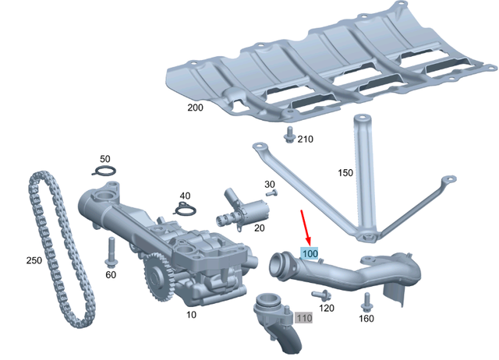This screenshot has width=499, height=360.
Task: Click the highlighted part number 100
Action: coord(310,254)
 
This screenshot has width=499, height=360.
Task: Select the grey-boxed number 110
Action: coord(303,317)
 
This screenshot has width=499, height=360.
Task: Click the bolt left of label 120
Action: coord(320,295)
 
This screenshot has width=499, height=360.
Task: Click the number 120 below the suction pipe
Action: coord(327,309)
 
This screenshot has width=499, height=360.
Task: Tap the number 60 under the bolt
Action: coord(110,274)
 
